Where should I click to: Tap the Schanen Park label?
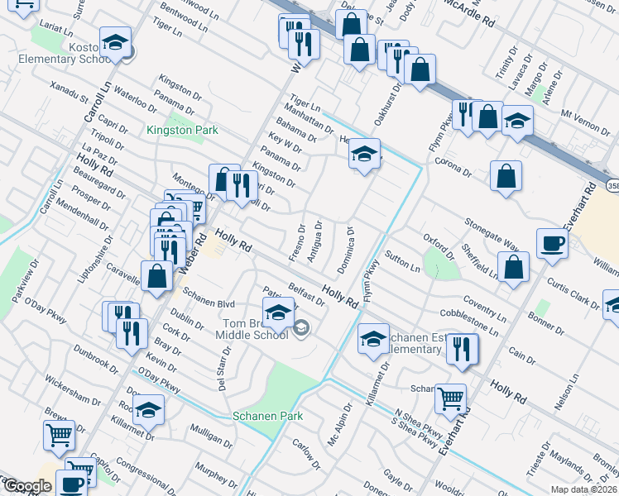tap(267, 416)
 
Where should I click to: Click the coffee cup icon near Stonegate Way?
tap(552, 244)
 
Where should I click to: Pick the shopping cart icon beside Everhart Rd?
tap(450, 399)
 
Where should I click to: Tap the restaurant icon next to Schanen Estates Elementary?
tap(462, 349)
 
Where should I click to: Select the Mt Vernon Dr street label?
tap(584, 117)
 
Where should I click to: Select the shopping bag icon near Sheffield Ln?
tap(514, 268)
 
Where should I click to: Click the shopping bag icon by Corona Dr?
tap(505, 176)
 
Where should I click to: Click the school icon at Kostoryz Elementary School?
tap(115, 42)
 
